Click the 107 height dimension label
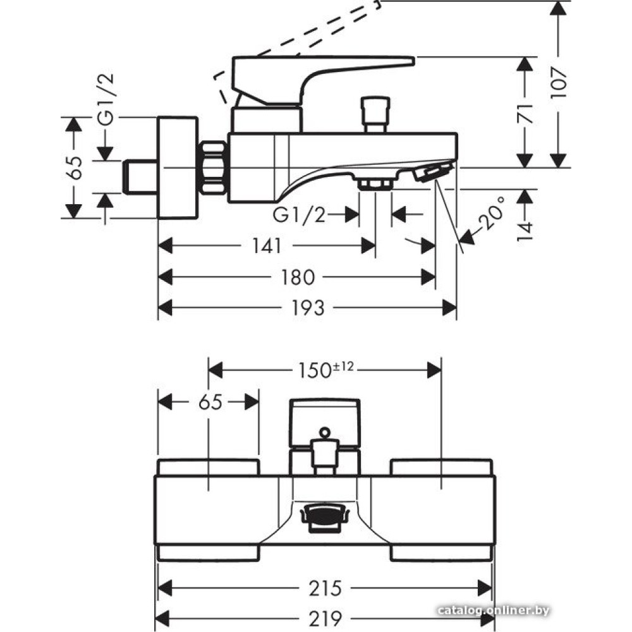coord(559,83)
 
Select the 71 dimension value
coord(525,113)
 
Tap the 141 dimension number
coord(267,245)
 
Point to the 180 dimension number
coord(298,277)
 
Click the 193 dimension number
coord(307,308)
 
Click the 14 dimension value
coord(525,231)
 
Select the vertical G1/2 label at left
coord(106,99)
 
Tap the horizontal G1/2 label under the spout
coord(299,216)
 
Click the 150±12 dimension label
coord(325,370)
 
